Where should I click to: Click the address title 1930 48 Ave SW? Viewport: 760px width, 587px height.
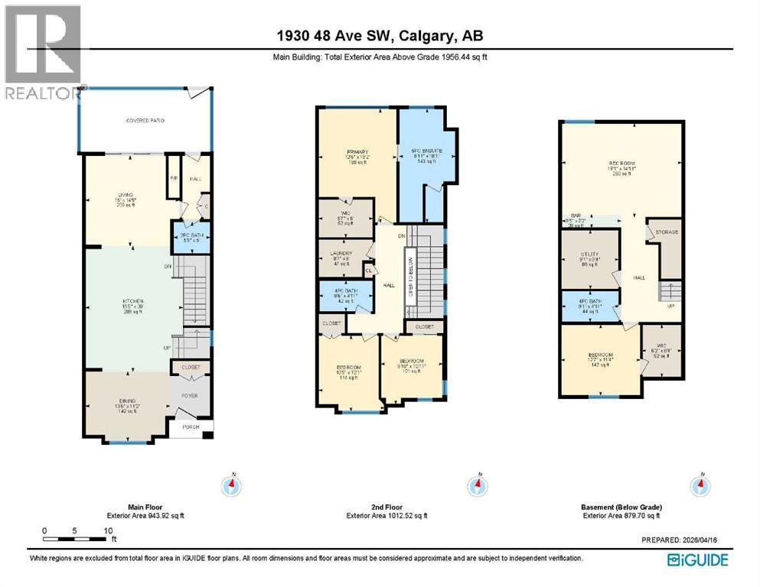pyautogui.click(x=380, y=35)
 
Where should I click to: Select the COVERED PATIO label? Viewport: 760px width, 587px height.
pyautogui.click(x=145, y=121)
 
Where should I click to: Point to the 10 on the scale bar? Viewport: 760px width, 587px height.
pyautogui.click(x=109, y=530)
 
